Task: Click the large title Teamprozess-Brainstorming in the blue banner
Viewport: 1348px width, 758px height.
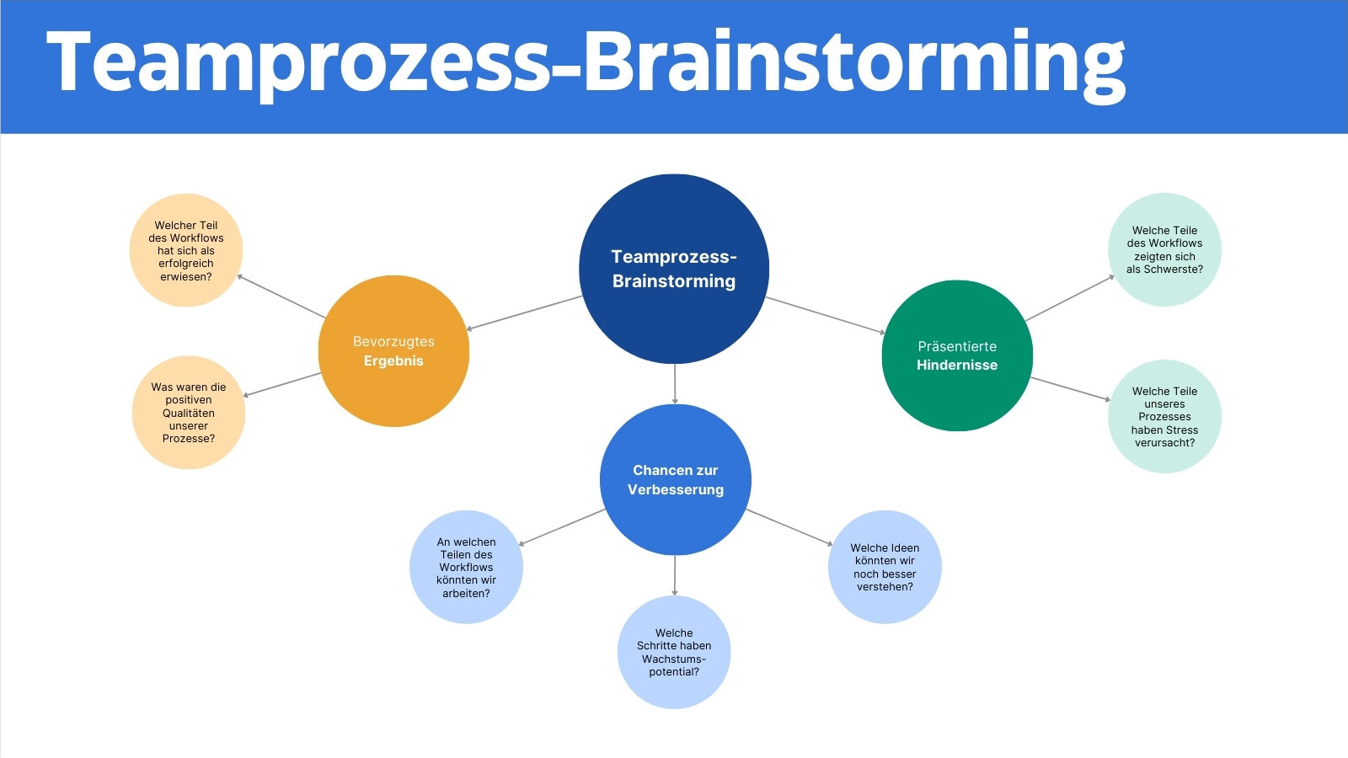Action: [x=585, y=63]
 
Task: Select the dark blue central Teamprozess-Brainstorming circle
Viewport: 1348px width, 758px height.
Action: [x=674, y=269]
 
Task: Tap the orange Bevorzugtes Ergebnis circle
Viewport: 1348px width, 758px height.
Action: [x=393, y=351]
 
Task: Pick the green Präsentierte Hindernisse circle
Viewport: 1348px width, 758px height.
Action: [x=957, y=355]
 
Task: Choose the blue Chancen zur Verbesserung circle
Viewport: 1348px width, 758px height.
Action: [x=675, y=479]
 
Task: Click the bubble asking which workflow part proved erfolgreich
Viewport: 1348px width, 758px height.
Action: [x=186, y=250]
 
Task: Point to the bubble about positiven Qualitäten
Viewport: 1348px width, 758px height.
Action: [x=189, y=413]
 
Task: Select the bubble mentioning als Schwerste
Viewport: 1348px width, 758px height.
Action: [x=1164, y=249]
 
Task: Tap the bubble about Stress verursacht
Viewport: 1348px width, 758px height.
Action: [x=1164, y=416]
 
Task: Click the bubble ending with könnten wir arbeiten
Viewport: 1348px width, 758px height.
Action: [x=466, y=568]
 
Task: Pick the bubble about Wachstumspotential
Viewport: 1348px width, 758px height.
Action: [x=674, y=652]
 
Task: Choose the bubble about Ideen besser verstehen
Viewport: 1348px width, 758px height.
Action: [x=885, y=567]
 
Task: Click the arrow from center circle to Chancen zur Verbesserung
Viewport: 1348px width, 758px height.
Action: [x=675, y=384]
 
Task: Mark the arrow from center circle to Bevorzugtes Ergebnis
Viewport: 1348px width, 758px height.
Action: [x=524, y=312]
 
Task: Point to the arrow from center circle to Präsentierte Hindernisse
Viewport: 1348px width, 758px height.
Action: [x=826, y=315]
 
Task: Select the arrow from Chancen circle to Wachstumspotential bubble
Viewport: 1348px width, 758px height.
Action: [x=674, y=576]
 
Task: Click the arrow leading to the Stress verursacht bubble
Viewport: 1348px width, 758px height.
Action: [x=1070, y=388]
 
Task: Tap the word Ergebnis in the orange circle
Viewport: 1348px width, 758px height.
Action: [x=393, y=361]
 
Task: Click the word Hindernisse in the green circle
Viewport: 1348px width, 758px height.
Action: [x=957, y=366]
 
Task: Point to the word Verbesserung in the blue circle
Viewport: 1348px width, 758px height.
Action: [x=675, y=489]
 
